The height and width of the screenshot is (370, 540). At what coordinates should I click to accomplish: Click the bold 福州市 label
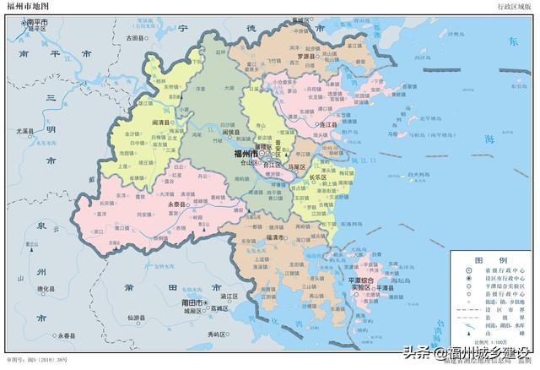tap(247, 155)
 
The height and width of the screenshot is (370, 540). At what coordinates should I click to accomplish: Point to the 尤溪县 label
tap(28, 131)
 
